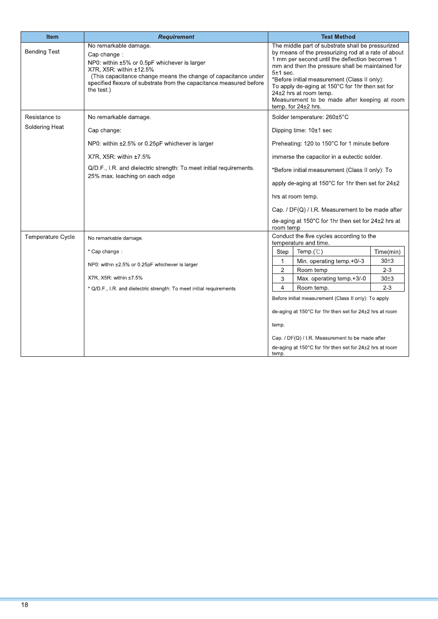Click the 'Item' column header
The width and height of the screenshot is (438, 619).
(52, 37)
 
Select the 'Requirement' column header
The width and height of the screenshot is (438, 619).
(176, 37)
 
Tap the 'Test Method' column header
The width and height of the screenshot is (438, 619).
(338, 37)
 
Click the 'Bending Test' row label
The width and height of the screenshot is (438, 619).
(42, 52)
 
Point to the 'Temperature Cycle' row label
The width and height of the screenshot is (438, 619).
(50, 237)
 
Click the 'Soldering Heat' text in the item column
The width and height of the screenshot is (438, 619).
(44, 127)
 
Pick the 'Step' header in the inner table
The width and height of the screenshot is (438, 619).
(283, 252)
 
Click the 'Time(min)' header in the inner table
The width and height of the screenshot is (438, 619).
(387, 252)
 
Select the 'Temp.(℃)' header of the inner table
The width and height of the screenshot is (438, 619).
(310, 252)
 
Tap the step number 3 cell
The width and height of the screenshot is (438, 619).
(283, 279)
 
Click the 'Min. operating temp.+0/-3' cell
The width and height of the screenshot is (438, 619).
(331, 261)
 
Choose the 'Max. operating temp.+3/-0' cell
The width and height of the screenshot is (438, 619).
(332, 279)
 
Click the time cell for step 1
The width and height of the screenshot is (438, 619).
(387, 261)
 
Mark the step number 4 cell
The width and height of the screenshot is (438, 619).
(283, 288)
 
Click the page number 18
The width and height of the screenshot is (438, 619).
(25, 605)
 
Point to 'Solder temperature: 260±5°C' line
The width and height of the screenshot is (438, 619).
(310, 118)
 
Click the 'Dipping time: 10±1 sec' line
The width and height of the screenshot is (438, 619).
(302, 131)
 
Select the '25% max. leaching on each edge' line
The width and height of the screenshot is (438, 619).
(131, 176)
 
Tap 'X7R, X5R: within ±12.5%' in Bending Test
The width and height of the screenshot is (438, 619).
(121, 70)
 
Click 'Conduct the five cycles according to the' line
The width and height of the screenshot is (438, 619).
(324, 236)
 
